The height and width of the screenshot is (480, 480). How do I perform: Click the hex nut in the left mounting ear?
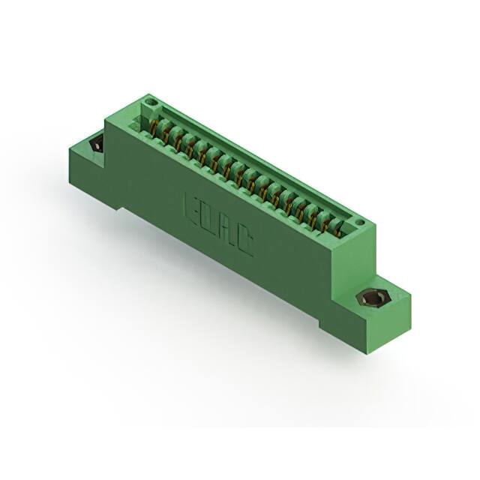[x=95, y=145]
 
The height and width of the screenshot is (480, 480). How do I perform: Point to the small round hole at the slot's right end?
[x=360, y=222]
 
